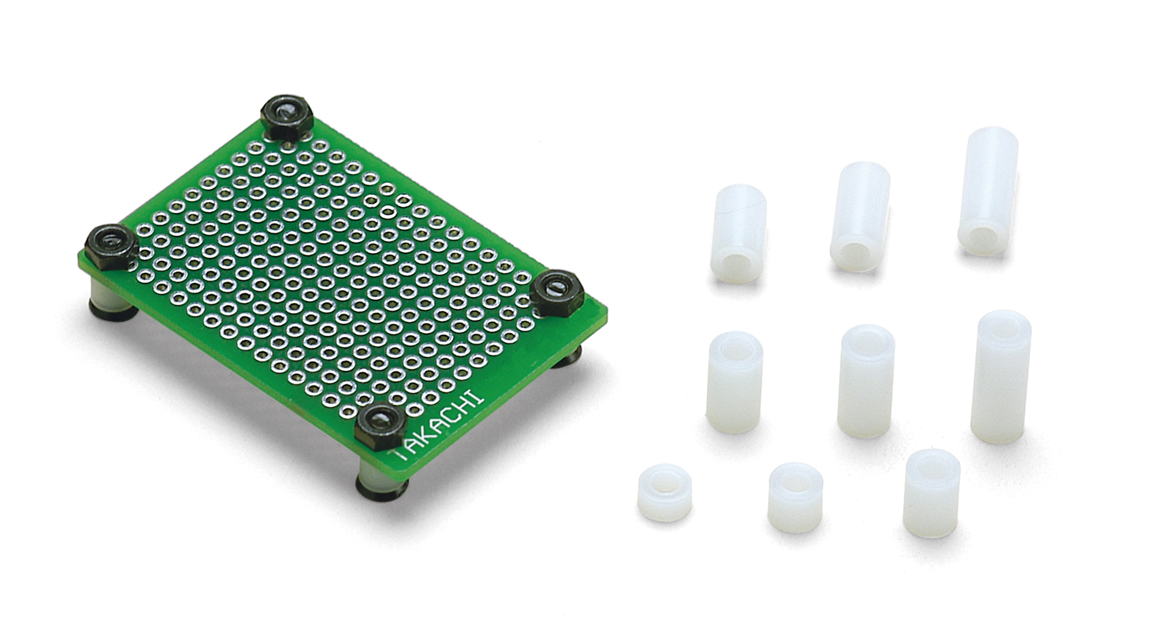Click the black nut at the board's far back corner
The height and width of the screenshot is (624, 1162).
(x=287, y=117)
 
